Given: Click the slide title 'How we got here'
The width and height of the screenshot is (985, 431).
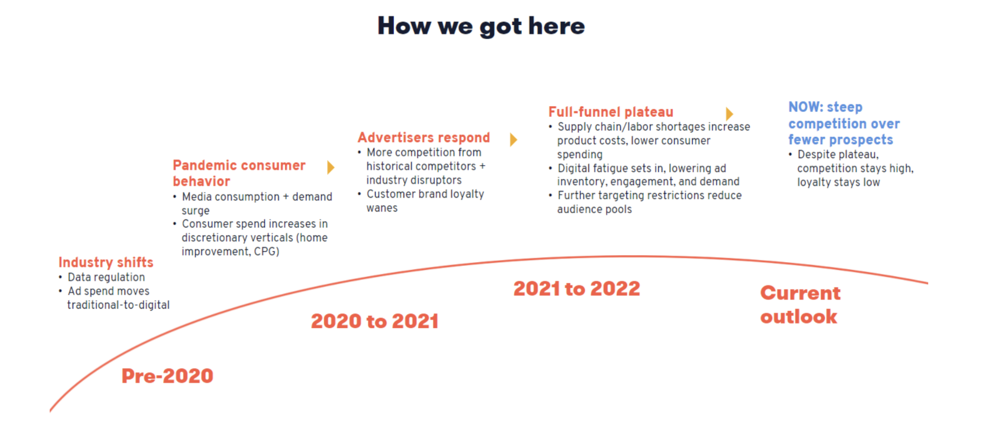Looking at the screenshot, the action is [481, 26].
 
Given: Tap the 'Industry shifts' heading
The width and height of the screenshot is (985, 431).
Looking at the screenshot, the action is [106, 262].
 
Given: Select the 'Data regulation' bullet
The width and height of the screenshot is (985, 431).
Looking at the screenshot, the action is [106, 277].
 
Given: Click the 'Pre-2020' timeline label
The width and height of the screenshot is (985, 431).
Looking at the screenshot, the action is [167, 376].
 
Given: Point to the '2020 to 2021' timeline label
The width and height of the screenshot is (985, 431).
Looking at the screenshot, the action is [375, 321].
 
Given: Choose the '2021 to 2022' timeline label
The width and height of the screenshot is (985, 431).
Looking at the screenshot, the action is [577, 289].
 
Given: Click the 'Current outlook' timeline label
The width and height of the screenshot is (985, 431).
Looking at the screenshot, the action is [800, 304].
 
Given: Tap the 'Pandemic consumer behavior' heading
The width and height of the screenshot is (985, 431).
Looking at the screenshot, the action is [239, 173].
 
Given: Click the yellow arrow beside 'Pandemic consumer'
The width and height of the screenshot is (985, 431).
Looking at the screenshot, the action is [331, 167].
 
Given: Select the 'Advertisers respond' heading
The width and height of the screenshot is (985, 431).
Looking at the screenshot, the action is [424, 137].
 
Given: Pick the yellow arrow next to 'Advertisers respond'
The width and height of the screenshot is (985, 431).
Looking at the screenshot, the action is [513, 140].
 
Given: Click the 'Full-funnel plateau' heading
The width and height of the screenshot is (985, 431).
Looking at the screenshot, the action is [611, 112].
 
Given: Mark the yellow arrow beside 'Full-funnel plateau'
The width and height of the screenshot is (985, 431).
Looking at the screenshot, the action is [730, 114].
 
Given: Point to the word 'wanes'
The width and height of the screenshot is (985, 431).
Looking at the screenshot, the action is [382, 208].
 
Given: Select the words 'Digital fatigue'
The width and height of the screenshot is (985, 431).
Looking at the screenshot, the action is [594, 168].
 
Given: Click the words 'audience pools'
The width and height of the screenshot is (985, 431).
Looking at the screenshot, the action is [595, 209].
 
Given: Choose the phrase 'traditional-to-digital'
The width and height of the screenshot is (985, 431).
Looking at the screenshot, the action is [118, 305].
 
